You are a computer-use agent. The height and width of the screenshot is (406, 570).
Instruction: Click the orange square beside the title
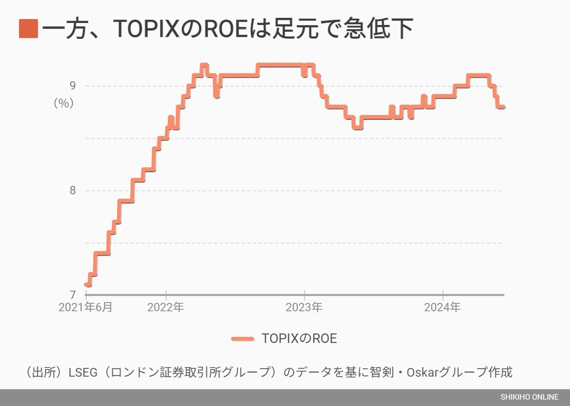[x=28, y=29]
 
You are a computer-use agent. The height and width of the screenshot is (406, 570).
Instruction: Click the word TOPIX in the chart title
[x=146, y=29]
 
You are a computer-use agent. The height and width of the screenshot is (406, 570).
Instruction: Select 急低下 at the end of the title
[x=378, y=29]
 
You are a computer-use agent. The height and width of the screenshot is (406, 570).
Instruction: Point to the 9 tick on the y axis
[x=72, y=86]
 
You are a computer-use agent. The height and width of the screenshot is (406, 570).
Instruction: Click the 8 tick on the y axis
[x=72, y=190]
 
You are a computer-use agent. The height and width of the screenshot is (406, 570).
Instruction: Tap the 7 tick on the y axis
[x=72, y=295]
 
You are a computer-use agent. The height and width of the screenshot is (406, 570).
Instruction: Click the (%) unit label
[x=64, y=103]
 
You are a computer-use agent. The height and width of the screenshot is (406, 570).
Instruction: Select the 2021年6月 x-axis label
[x=85, y=307]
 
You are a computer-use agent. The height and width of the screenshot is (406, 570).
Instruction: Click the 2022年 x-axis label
[x=165, y=307]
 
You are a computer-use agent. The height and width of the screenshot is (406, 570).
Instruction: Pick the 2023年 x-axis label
[x=304, y=307]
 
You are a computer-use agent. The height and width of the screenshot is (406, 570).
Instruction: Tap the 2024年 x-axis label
[x=442, y=307]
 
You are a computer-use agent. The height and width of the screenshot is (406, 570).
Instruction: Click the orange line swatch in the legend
[x=243, y=339]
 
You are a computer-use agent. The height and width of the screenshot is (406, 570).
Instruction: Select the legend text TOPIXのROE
[x=299, y=339]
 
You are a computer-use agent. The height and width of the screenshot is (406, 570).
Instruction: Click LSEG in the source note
[x=83, y=372]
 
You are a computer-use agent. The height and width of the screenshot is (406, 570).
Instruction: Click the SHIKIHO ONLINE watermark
[x=529, y=397]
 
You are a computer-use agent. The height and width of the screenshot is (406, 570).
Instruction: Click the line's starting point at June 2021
[x=86, y=284]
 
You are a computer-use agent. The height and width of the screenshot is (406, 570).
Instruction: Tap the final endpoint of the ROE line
[x=503, y=107]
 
